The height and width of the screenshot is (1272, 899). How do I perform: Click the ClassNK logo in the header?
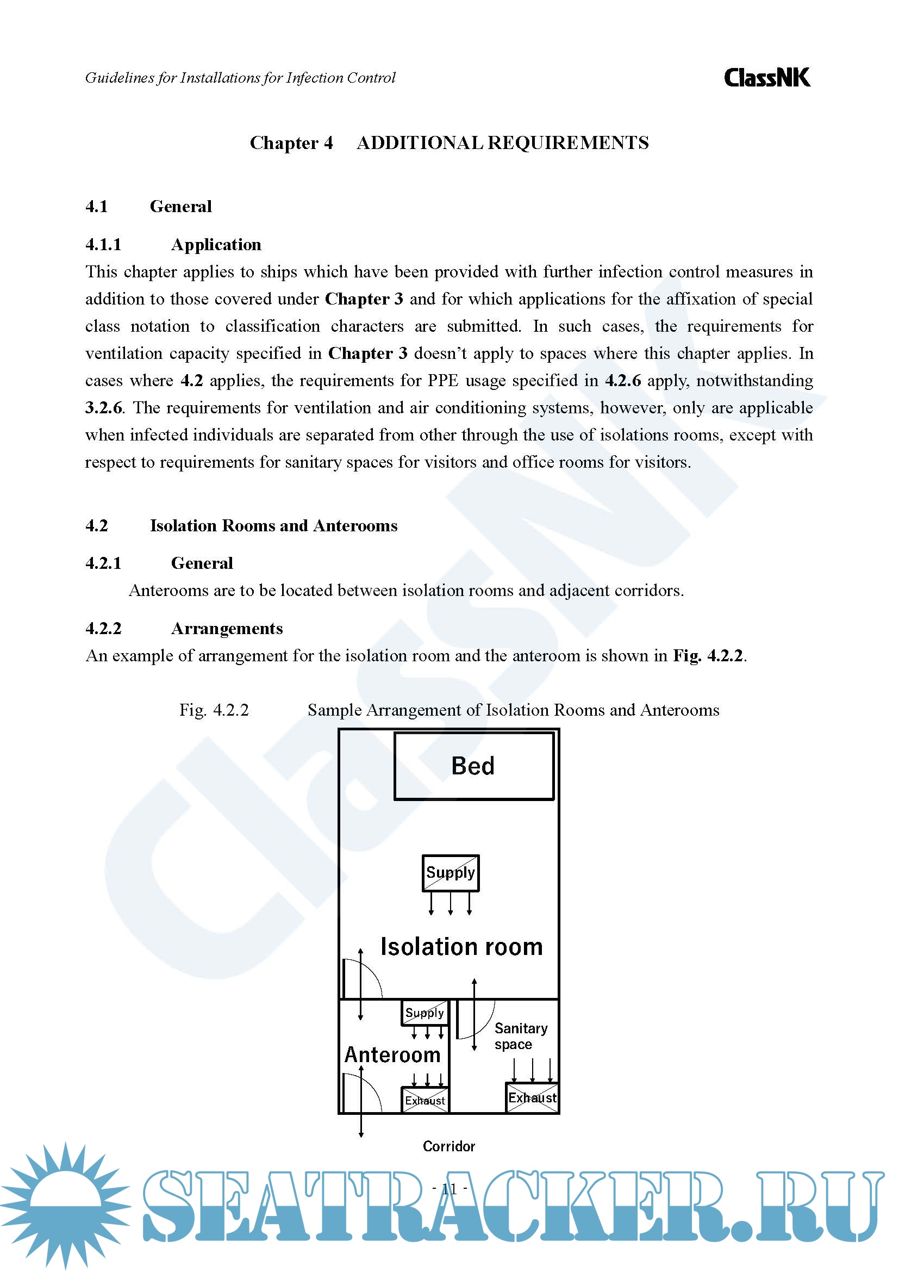point(767,78)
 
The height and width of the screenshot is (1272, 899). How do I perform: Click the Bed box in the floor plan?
point(473,766)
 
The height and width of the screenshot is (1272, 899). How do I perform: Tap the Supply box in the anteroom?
point(424,1013)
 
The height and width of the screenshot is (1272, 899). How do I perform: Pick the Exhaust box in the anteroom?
point(424,1100)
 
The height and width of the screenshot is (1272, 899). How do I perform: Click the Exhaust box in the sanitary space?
point(532,1097)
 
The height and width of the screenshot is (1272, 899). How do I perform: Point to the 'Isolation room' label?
point(461,947)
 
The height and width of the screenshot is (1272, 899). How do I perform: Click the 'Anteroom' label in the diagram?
point(392,1055)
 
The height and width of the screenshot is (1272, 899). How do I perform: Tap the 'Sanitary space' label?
point(520,1036)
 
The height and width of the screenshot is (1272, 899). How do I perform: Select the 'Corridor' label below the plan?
point(448,1146)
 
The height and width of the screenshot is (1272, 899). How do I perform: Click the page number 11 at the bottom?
point(449,1188)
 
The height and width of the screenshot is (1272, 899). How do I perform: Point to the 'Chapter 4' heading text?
point(291,143)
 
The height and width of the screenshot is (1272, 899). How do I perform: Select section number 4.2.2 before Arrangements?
point(103,628)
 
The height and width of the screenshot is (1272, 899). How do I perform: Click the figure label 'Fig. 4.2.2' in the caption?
point(214,710)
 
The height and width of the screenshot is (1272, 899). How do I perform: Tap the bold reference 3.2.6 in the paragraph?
point(103,408)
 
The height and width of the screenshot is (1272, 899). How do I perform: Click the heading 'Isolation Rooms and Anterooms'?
point(273,525)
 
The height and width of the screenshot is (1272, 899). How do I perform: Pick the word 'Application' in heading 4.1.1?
point(216,244)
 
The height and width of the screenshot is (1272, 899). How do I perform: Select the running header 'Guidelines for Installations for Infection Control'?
point(240,78)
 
